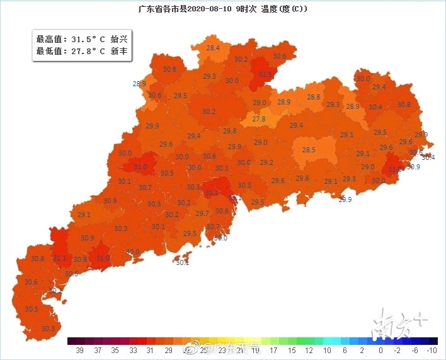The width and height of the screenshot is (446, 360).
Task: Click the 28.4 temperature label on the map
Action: tap(213, 48)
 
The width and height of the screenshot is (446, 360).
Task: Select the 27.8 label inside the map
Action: tap(259, 118)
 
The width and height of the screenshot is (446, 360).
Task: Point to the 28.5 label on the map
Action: tap(309, 150)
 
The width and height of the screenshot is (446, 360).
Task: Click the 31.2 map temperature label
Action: tap(212, 193)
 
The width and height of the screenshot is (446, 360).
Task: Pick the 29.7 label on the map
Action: tap(202, 214)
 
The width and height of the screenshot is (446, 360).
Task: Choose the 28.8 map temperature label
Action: tap(314, 97)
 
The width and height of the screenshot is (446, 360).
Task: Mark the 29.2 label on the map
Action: tap(266, 162)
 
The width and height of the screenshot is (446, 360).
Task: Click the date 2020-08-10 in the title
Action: tap(195, 9)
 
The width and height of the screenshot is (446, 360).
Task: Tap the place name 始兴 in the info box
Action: tap(120, 39)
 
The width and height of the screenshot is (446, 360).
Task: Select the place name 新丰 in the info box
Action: tap(120, 52)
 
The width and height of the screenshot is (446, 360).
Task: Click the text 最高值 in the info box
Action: tap(49, 39)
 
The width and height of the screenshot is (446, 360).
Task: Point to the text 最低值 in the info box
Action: tap(49, 52)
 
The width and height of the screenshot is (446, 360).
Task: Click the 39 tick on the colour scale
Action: tap(79, 349)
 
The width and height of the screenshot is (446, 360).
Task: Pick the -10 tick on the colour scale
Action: tap(432, 349)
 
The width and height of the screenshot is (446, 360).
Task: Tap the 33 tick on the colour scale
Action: tap(132, 349)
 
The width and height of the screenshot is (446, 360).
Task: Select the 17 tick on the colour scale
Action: tap(273, 349)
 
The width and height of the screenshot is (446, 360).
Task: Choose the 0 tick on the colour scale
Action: tap(380, 349)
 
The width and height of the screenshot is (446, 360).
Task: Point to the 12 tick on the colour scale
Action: tap(309, 349)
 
